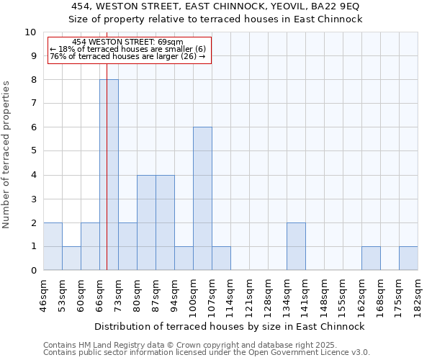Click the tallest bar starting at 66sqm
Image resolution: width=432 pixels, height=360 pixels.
coord(109,175)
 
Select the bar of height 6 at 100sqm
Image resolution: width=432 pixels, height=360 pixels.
coord(202,199)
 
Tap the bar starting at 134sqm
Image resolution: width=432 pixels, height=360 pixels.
coord(296,246)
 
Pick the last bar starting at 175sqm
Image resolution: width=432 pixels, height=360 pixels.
coord(408,258)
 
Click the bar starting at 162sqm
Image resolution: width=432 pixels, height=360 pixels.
coord(371,258)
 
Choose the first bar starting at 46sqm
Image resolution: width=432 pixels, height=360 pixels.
coord(53,246)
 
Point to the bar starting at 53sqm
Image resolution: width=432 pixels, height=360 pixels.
coord(71,258)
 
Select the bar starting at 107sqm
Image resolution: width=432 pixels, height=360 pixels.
coord(221,258)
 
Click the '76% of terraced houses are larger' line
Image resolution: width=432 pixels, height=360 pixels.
coord(128,57)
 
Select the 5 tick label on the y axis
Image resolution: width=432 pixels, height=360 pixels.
coord(33,151)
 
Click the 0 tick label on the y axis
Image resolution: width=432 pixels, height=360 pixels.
coord(33,271)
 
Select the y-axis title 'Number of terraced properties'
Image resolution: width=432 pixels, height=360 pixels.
coord(6,154)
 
